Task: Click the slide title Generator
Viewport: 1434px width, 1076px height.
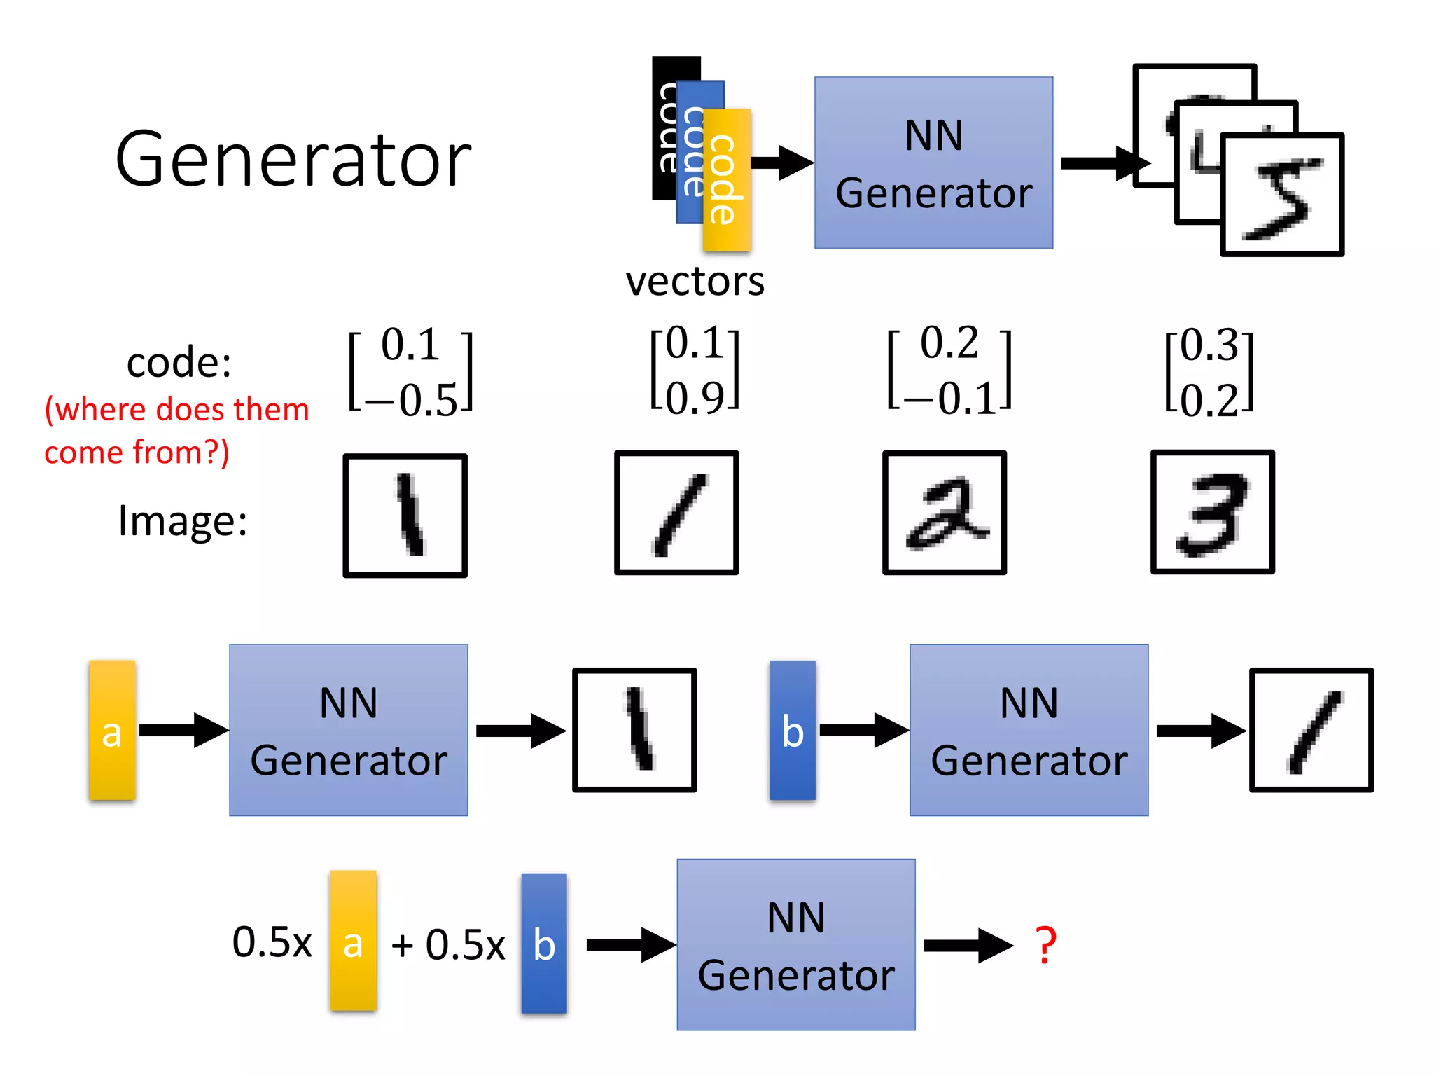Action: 293,160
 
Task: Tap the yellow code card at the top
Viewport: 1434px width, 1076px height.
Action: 727,180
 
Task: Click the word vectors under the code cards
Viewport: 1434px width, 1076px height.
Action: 695,282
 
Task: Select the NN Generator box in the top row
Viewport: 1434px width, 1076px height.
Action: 933,163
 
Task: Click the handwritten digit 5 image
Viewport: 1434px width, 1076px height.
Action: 1281,195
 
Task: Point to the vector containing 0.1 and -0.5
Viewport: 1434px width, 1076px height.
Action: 411,372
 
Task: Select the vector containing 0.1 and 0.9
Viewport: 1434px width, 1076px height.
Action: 695,370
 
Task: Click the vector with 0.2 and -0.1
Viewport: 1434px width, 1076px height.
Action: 949,371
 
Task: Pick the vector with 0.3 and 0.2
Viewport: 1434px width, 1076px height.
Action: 1209,372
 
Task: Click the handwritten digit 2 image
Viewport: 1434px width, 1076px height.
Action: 945,513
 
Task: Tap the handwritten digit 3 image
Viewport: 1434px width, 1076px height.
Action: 1212,512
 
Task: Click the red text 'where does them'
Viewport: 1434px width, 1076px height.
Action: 176,409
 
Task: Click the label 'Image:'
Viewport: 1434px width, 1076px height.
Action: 182,520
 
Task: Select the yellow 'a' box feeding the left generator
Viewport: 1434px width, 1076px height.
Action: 112,730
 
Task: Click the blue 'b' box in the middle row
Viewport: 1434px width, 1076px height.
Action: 792,730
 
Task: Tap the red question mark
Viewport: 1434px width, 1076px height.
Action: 1045,944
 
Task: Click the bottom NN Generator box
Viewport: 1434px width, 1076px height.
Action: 795,944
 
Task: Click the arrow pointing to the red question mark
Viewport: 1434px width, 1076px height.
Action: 968,946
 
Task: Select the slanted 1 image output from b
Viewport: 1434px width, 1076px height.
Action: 1311,730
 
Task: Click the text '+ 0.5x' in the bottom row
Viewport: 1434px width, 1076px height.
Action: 448,945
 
